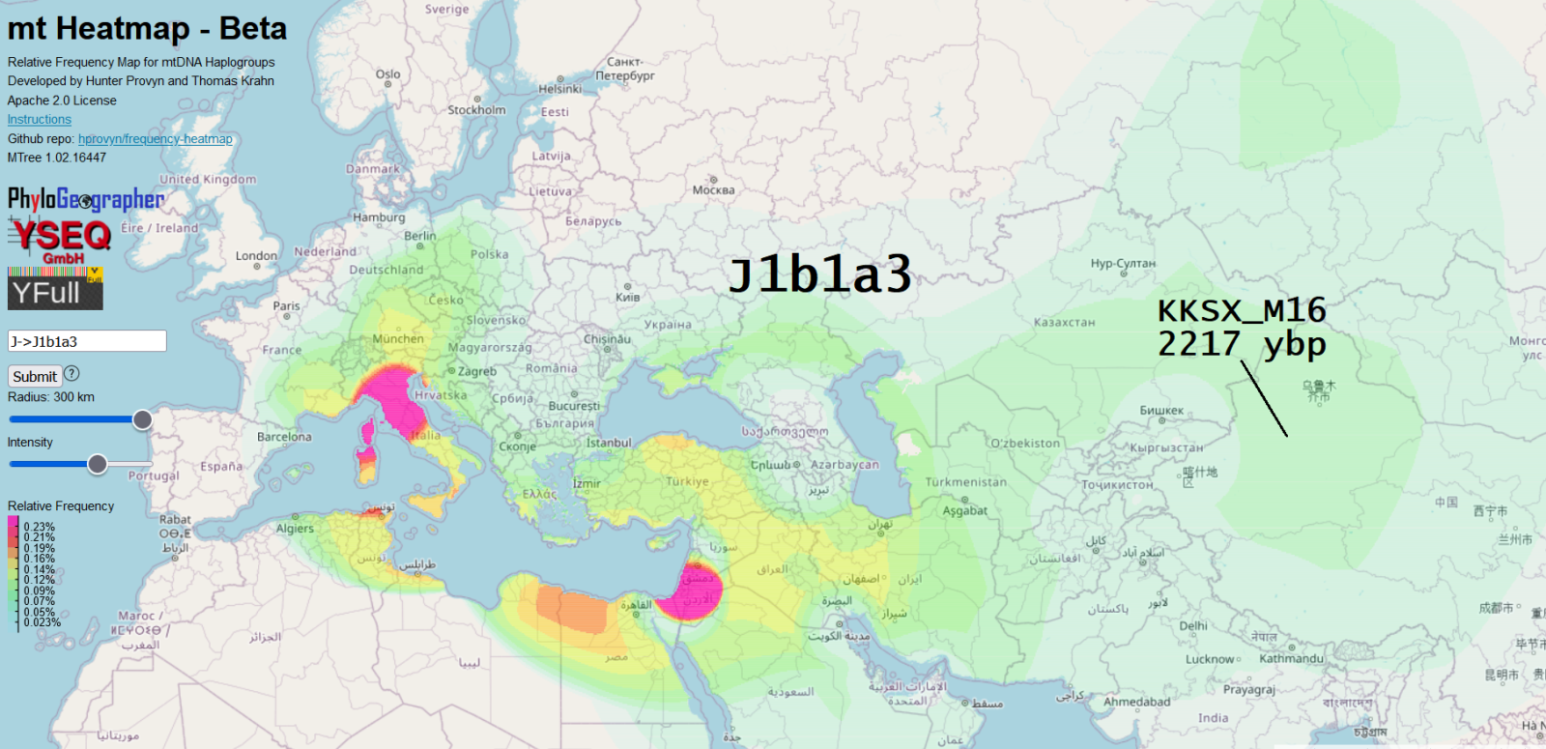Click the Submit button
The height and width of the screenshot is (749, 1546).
pos(35,377)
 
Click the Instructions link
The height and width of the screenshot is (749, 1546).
pos(40,120)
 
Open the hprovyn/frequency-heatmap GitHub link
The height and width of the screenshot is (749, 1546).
pos(156,139)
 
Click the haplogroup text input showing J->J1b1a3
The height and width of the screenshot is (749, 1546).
pos(87,341)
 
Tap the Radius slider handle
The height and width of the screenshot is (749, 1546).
pos(142,419)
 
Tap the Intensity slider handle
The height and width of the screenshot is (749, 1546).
pos(98,464)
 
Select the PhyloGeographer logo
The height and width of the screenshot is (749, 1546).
pos(86,200)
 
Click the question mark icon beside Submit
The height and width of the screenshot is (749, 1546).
pos(72,374)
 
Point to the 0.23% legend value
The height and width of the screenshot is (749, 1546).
pos(40,528)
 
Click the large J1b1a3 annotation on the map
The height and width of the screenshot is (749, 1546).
pos(819,274)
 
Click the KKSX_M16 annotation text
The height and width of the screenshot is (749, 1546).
pos(1242,311)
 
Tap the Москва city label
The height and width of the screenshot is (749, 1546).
pos(713,190)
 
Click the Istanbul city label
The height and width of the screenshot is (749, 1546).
pos(609,444)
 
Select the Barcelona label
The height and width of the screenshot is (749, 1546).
pos(284,437)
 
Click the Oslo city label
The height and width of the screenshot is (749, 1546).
pos(387,74)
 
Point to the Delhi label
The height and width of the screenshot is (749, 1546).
pos(1193,626)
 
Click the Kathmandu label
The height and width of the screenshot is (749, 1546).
pos(1291,659)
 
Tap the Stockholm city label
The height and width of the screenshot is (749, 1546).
pos(476,110)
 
